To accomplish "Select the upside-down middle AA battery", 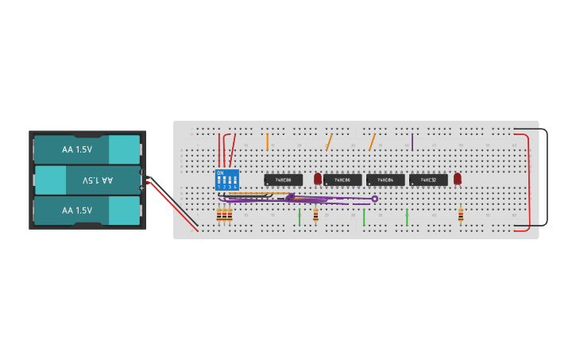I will pos(87,180).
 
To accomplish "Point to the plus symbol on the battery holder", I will pos(142,188).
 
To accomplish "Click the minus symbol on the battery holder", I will pos(142,172).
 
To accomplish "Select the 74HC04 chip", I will pos(385,180).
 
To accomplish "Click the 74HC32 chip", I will pos(428,180).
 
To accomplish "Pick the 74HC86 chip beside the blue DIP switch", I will pos(283,180).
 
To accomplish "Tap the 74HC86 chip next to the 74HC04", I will pos(342,180).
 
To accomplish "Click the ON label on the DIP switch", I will pos(220,172).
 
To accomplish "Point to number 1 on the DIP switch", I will pos(219,187).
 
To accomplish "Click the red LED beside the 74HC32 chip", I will pos(458,179).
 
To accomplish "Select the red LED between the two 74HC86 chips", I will pos(318,179).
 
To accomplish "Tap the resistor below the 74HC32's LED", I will pos(461,215).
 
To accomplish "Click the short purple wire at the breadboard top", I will pos(412,142).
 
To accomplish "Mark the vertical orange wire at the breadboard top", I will pos(267,142).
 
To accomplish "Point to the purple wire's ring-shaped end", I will pos(375,199).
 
